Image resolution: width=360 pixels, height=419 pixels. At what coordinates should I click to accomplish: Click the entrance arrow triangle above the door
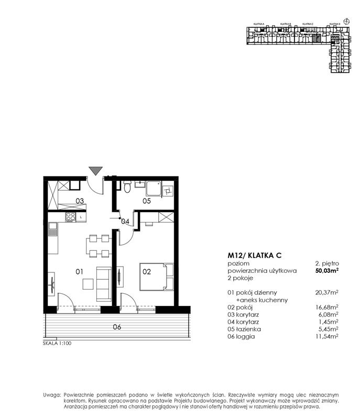click(x=95, y=170)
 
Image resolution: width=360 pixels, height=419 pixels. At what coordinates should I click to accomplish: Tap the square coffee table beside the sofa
click(x=88, y=283)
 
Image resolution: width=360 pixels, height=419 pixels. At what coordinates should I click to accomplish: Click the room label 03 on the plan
click(x=80, y=201)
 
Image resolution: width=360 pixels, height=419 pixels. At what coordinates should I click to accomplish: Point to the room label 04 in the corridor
click(x=125, y=222)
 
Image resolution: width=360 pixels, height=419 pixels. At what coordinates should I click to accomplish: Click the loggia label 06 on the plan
click(x=117, y=327)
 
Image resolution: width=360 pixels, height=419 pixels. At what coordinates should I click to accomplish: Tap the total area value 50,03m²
click(x=326, y=271)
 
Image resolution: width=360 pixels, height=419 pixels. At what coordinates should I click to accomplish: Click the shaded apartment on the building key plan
click(x=315, y=38)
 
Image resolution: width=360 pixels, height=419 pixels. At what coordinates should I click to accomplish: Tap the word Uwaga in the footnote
click(x=51, y=394)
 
